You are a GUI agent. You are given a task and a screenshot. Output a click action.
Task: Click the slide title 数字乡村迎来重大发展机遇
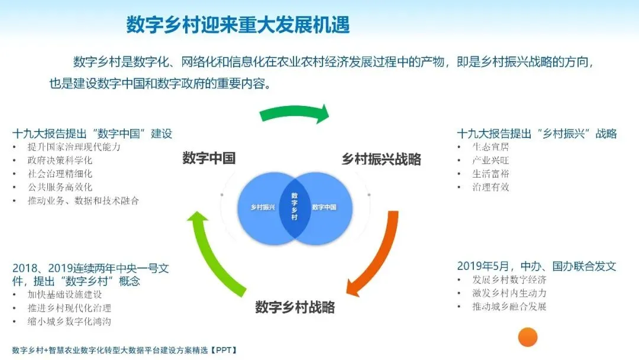tap(238, 25)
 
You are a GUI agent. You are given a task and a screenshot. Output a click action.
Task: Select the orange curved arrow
tap(376, 255)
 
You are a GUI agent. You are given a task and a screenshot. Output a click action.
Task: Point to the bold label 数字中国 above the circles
tap(209, 158)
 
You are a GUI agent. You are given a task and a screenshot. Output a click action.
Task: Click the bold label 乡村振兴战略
tap(381, 159)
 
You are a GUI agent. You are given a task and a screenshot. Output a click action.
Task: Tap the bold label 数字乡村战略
tap(295, 307)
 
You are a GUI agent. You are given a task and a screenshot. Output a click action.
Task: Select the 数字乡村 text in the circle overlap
tap(295, 206)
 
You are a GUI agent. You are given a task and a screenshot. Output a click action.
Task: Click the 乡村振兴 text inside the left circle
tap(263, 207)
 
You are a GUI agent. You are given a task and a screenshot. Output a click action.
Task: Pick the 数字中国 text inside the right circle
tap(324, 207)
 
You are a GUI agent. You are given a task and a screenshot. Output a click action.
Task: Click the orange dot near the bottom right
tap(527, 337)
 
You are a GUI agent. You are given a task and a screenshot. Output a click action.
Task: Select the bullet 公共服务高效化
tap(60, 187)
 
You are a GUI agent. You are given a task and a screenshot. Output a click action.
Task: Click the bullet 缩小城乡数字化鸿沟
tap(69, 322)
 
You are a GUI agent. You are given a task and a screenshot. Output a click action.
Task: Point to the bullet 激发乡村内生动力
tap(509, 293)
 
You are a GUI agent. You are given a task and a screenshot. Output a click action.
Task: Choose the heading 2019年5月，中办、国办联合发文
tap(537, 266)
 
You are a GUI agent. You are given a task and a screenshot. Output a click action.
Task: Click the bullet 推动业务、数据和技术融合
tap(83, 201)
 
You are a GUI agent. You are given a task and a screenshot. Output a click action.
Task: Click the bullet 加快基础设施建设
tap(64, 294)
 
